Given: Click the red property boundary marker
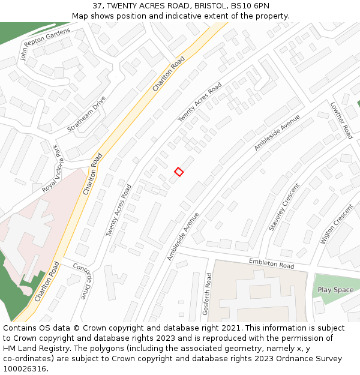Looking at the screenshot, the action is tap(179, 172).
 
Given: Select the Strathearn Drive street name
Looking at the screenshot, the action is tap(86, 114).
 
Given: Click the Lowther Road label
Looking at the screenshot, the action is tap(341, 120).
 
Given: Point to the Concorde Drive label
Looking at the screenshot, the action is tap(83, 281).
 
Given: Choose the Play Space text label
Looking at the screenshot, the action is tap(335, 290).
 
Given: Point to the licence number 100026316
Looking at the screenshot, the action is tap(26, 369).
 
